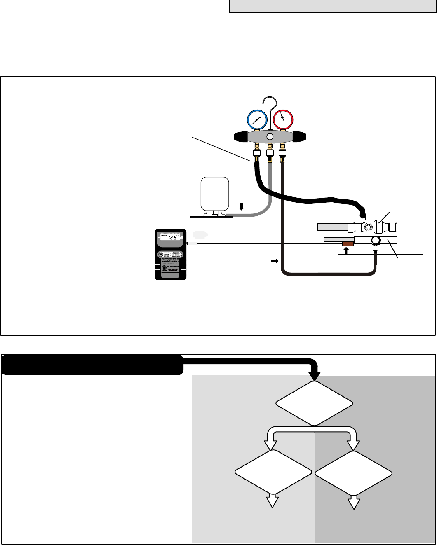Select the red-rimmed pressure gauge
tap(282, 119)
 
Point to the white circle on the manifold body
tap(270, 136)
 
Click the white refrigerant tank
tap(214, 193)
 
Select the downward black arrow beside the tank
tap(242, 207)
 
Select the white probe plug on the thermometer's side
tap(192, 243)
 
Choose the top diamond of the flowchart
tap(314, 403)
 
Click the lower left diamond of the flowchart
tap(273, 472)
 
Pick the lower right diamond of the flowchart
tap(353, 472)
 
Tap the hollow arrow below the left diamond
tap(272, 501)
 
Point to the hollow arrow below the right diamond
tap(353, 501)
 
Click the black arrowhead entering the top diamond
tap(315, 375)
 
